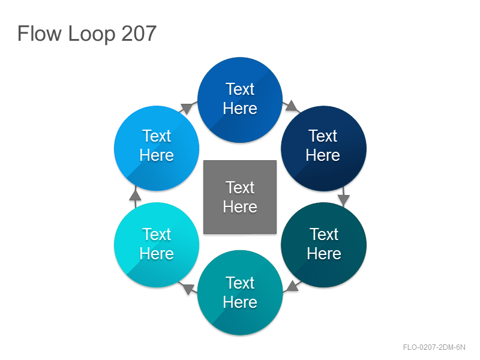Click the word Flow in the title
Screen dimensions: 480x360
[x=40, y=33]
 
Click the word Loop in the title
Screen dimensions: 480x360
[x=92, y=34]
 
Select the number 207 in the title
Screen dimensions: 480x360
[x=139, y=33]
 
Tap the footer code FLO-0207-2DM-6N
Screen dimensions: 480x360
[x=434, y=347]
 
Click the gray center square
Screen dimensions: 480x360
[x=240, y=197]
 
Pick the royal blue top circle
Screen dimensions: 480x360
[x=240, y=100]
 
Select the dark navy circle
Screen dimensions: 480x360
[x=323, y=148]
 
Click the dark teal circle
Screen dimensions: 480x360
[x=323, y=245]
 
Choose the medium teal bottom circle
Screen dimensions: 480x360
[x=240, y=293]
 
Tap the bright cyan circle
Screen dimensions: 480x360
[x=157, y=245]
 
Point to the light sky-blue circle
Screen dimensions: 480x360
[x=157, y=148]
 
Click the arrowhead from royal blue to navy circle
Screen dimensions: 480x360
[x=291, y=106]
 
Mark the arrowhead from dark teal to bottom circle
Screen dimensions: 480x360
[x=292, y=286]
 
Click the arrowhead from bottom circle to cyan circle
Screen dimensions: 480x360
[x=188, y=288]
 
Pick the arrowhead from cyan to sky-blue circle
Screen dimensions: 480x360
[x=135, y=195]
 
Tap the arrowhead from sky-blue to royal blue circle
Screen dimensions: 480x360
[x=187, y=109]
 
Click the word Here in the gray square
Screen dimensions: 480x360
[x=240, y=206]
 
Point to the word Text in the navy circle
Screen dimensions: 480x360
[x=323, y=136]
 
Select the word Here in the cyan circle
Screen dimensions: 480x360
[x=157, y=253]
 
